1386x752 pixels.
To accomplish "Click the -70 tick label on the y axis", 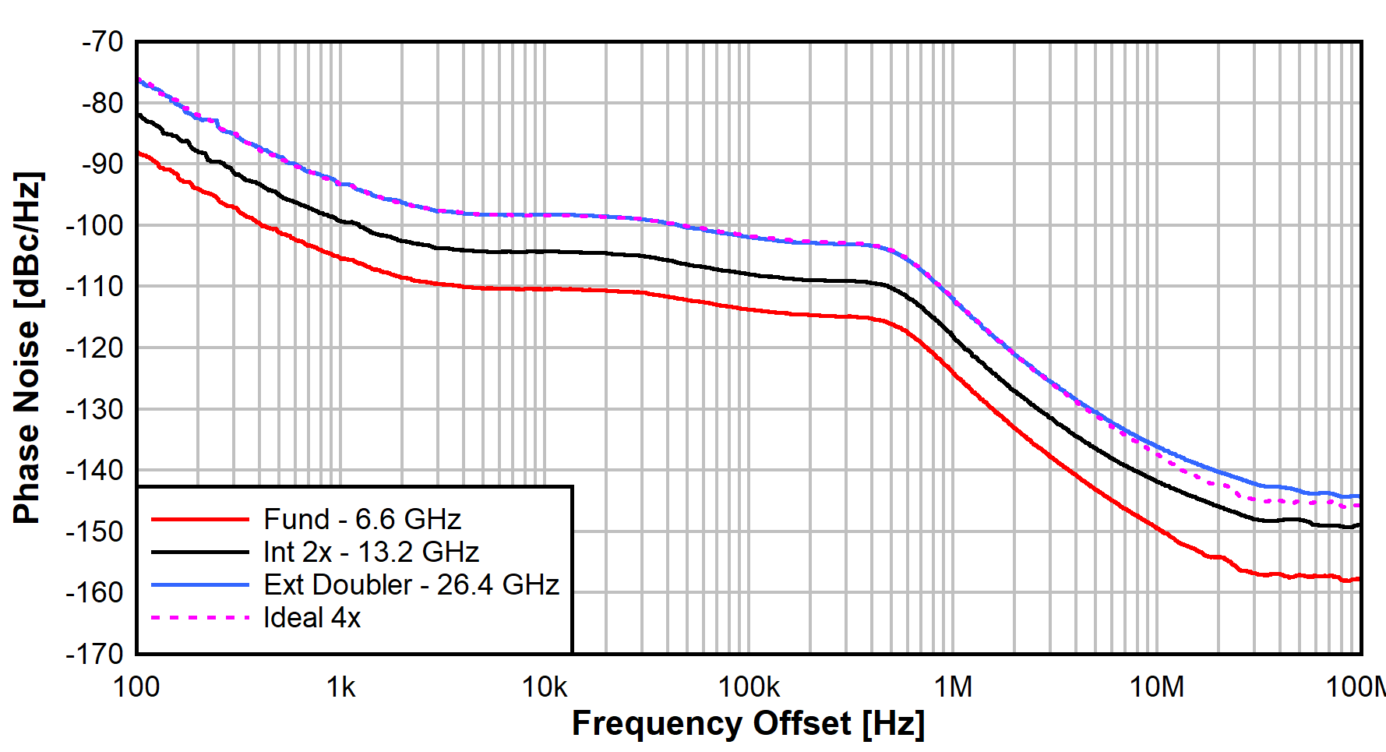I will tap(102, 41).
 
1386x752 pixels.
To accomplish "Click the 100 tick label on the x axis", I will tap(136, 687).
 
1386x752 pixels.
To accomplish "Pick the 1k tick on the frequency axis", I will tap(340, 687).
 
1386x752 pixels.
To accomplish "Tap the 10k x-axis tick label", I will tap(545, 687).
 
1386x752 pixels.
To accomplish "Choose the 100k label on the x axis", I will tap(749, 687).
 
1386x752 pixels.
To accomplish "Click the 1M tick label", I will tap(953, 687).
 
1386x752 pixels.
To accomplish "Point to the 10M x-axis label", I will tap(1157, 687).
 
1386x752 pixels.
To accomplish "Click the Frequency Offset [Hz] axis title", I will tap(748, 724).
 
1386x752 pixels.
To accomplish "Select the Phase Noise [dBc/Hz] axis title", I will tap(27, 348).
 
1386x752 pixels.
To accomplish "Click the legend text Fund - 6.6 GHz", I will tap(362, 519).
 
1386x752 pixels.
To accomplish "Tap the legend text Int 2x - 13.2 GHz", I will tap(371, 552).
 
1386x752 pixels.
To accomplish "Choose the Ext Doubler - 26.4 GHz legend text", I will tap(411, 584).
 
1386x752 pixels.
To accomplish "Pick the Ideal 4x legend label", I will tap(312, 617).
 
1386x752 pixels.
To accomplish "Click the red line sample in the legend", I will tap(200, 519).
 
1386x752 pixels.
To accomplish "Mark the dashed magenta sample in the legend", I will tap(200, 617).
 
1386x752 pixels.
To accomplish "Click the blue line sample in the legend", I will tap(200, 584).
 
